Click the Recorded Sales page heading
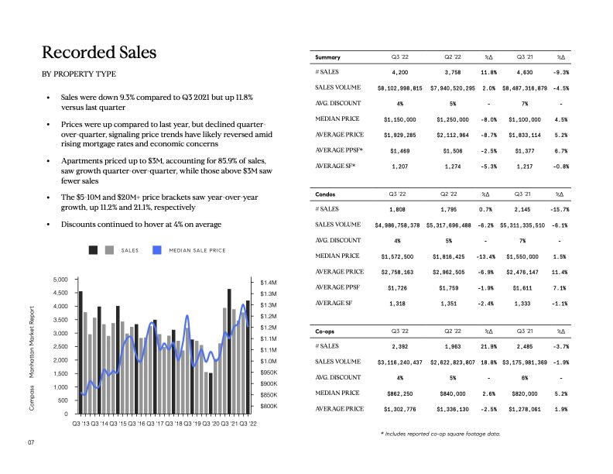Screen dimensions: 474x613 (99, 53)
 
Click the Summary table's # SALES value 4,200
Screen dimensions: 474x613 (399, 72)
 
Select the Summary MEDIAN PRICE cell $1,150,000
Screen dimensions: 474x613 (399, 120)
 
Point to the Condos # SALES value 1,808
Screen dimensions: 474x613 (399, 209)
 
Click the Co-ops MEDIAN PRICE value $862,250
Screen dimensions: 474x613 (399, 393)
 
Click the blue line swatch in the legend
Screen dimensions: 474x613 (156, 250)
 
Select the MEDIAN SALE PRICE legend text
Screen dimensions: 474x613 (197, 250)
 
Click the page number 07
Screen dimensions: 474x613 (31, 443)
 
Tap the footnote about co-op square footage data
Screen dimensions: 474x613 (440, 434)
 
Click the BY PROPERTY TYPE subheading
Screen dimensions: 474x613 (79, 74)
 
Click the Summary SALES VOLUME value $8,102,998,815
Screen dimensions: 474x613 (399, 88)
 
